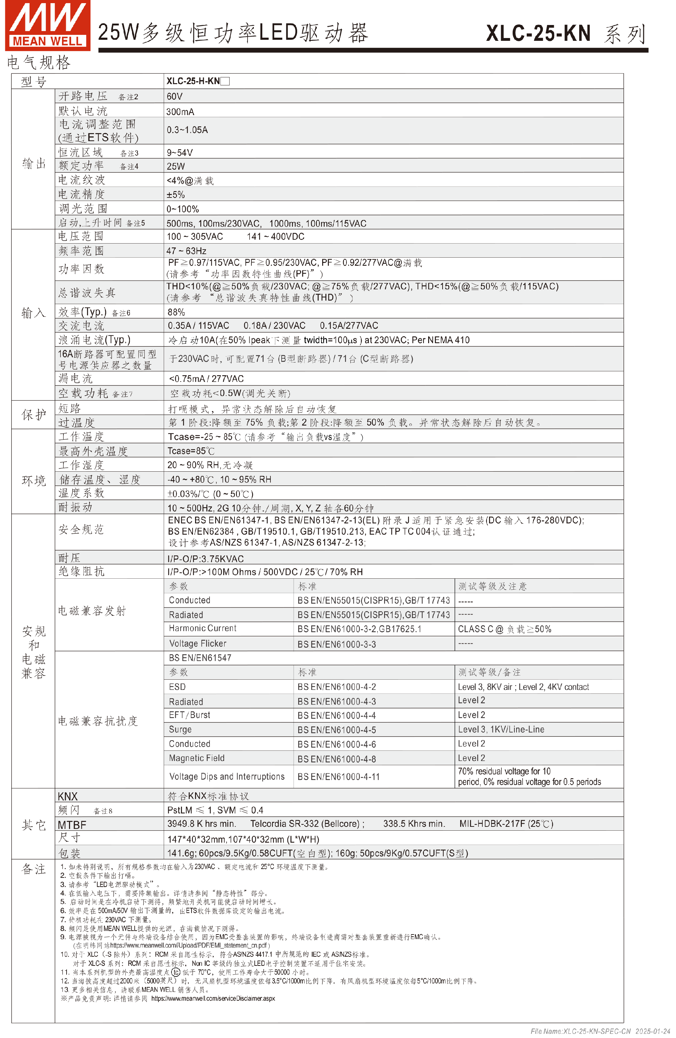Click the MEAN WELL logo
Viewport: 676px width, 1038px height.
coord(48,25)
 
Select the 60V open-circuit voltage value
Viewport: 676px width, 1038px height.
coord(174,96)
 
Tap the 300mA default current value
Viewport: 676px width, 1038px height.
coord(180,112)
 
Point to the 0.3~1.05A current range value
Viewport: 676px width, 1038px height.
coord(187,130)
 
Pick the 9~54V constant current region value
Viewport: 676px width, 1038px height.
coord(179,153)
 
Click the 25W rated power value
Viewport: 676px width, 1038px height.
coord(176,166)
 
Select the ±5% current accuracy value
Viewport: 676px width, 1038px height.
coord(176,195)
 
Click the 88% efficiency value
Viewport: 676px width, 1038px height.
coord(176,312)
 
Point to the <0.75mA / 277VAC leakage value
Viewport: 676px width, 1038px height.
coord(206,379)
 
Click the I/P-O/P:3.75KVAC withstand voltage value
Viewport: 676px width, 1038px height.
coord(205,559)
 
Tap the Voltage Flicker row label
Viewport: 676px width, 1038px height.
coord(198,643)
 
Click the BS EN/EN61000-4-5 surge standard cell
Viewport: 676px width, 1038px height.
coord(336,730)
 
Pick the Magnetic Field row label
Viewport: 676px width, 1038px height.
coord(197,758)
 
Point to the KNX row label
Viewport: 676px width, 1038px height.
coord(68,797)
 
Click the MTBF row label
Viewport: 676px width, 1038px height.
coord(72,825)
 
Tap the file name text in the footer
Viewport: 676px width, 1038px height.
coord(600,1031)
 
